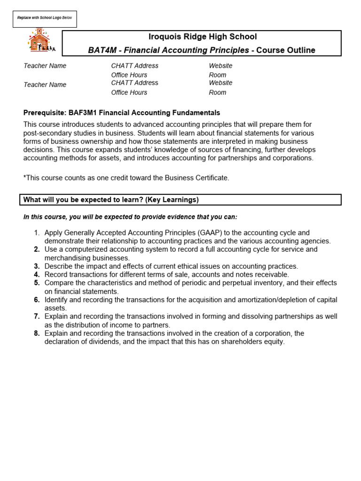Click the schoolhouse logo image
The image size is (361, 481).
[x=41, y=41]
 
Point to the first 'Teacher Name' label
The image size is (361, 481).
[x=45, y=66]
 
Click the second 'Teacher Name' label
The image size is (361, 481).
[x=45, y=85]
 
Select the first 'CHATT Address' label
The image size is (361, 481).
[x=134, y=66]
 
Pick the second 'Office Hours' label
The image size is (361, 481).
[x=129, y=93]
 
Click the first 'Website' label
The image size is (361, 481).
[x=220, y=66]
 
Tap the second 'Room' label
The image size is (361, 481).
[x=217, y=93]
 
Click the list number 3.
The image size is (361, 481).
[x=37, y=266]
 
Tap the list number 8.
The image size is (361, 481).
[x=37, y=333]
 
